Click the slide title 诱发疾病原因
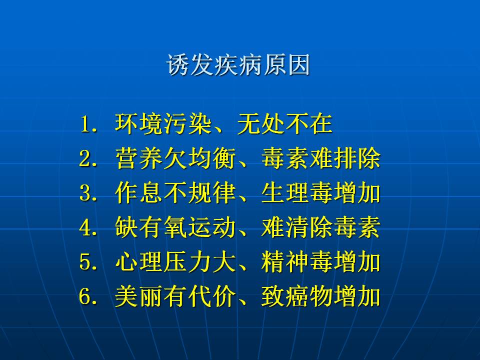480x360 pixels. [x=238, y=64]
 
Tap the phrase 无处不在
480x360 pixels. [x=284, y=124]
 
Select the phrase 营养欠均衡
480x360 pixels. [x=175, y=158]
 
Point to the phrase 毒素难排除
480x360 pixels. [x=321, y=158]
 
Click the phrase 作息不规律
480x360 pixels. [x=175, y=193]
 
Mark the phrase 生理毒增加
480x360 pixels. [x=321, y=193]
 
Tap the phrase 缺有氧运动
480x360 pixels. [x=175, y=227]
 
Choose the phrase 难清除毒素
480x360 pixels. [x=321, y=227]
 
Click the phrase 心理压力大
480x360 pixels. [x=175, y=261]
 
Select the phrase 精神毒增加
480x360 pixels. [x=321, y=261]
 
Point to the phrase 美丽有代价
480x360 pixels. [x=175, y=296]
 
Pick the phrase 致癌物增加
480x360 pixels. [x=321, y=296]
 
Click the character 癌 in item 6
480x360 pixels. [x=296, y=296]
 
